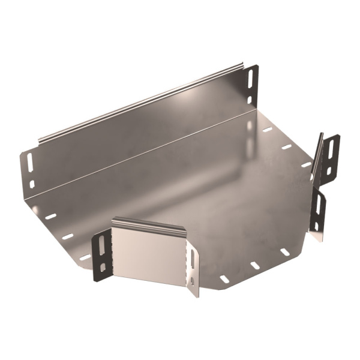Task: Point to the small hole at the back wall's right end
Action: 250,100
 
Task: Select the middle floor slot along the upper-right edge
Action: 286,146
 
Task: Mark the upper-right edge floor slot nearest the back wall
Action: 266,129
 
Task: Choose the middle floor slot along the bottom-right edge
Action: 255,265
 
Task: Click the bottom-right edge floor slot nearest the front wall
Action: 224,278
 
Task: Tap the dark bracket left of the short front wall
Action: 103,253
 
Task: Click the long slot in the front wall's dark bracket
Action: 101,244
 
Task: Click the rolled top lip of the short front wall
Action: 150,224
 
